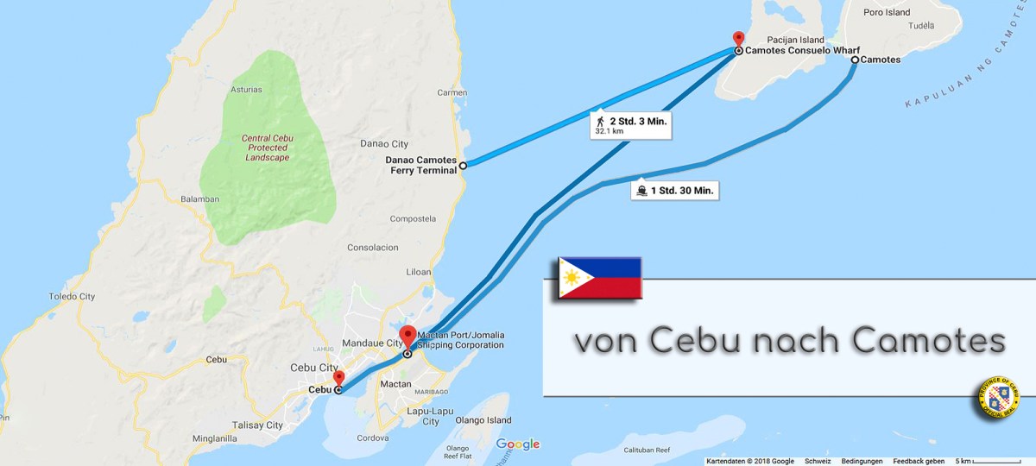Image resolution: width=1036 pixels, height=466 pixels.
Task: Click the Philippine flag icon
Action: pyautogui.click(x=599, y=277)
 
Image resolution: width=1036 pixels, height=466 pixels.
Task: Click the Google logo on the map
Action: pyautogui.click(x=517, y=444)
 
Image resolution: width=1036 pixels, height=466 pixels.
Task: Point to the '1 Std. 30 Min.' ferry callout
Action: pyautogui.click(x=676, y=191)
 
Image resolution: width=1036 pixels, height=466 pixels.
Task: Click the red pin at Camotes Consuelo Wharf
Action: pyautogui.click(x=737, y=39)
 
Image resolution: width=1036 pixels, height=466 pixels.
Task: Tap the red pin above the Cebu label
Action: pyautogui.click(x=338, y=378)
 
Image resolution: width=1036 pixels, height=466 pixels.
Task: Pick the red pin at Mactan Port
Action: pyautogui.click(x=407, y=336)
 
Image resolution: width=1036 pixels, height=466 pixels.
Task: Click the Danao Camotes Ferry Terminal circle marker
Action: pyautogui.click(x=463, y=165)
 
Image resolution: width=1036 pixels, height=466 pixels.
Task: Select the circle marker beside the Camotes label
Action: pyautogui.click(x=855, y=60)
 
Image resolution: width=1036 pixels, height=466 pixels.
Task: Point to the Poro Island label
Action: pyautogui.click(x=886, y=13)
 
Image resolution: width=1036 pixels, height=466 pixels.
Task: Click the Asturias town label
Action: pyautogui.click(x=246, y=89)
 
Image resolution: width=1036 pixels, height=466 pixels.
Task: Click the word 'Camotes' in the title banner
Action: pyautogui.click(x=928, y=342)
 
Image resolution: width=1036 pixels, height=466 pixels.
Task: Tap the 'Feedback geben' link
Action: pyautogui.click(x=919, y=461)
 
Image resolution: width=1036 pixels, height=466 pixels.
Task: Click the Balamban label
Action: pyautogui.click(x=199, y=198)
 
